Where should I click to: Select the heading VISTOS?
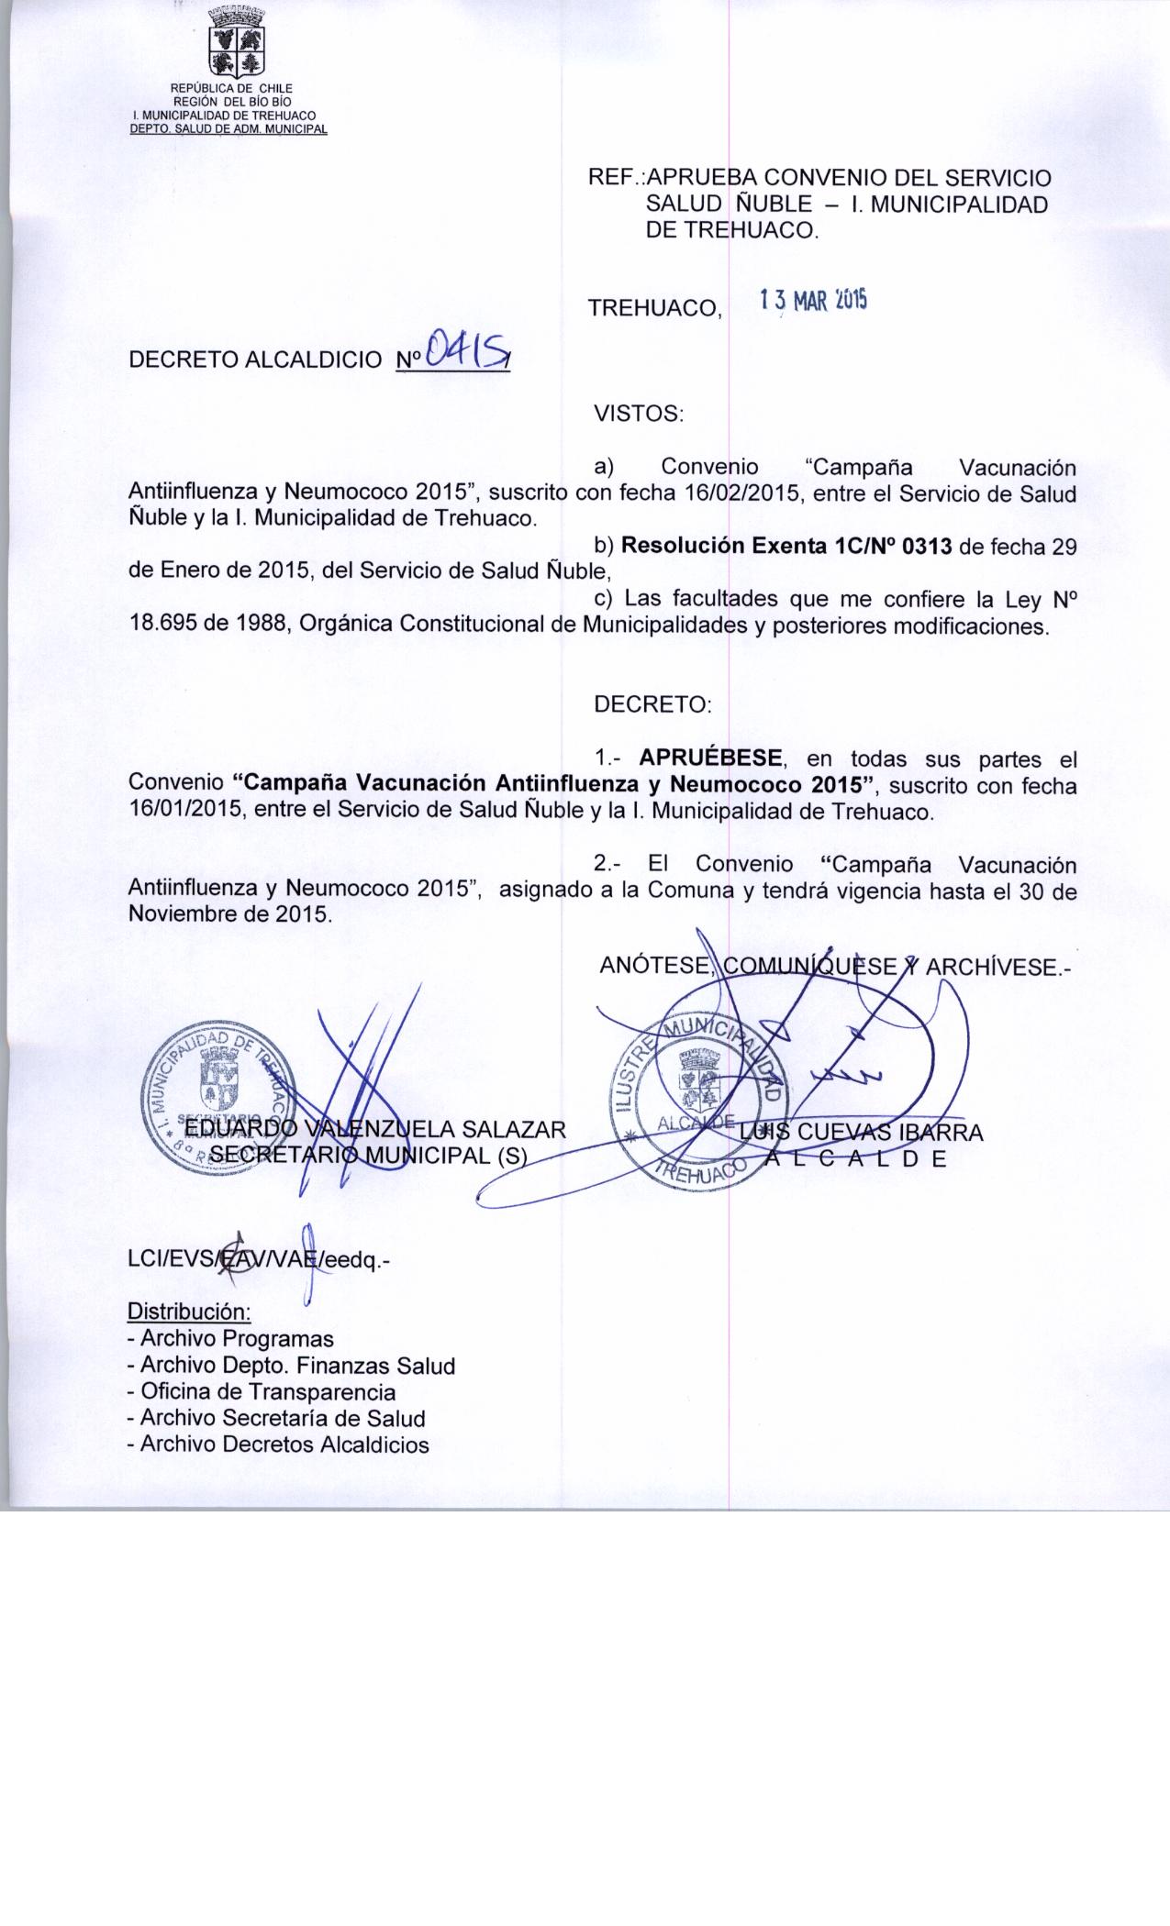coord(639,414)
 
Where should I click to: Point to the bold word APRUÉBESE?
coord(711,758)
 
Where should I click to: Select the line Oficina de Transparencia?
coord(262,1391)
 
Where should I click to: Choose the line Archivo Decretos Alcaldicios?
coord(279,1444)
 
